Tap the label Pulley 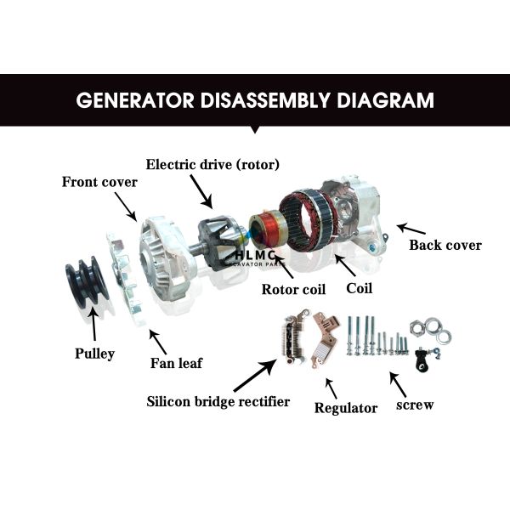click(x=93, y=353)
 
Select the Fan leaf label click(x=178, y=363)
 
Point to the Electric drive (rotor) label click(x=212, y=163)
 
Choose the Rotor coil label click(x=292, y=289)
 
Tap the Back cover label click(x=445, y=246)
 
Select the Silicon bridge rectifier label click(x=218, y=401)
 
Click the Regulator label click(x=346, y=408)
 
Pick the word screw click(x=415, y=405)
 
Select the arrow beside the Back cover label click(x=411, y=229)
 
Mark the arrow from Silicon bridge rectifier click(x=254, y=374)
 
